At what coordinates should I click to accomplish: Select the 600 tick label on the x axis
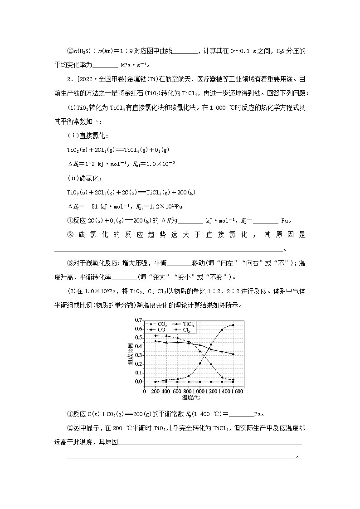coord(178,391)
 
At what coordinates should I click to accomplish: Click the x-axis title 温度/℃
coord(190,398)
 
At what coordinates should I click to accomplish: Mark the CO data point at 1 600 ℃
coord(233,325)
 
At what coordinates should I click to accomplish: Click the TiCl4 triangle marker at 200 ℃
coord(156,341)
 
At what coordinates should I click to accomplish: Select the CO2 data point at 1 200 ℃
coord(211,364)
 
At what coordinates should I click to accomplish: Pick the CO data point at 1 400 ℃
coord(222,330)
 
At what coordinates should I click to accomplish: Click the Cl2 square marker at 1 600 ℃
coord(233,382)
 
